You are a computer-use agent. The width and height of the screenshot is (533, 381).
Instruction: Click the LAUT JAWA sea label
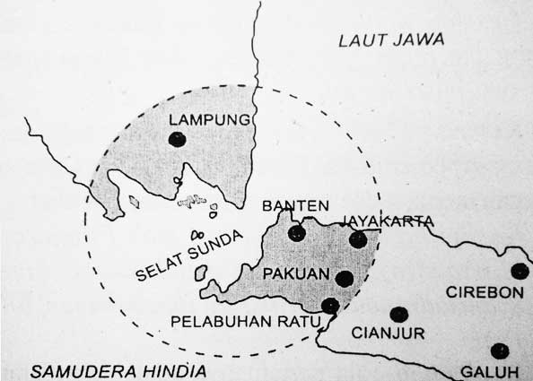coord(392,39)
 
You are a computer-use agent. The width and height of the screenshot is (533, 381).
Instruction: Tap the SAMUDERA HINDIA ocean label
coord(118,370)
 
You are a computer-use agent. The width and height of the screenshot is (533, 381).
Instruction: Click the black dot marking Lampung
coord(178,139)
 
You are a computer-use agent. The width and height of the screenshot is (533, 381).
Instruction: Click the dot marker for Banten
coord(297,234)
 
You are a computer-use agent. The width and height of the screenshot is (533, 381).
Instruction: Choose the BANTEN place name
coord(295,206)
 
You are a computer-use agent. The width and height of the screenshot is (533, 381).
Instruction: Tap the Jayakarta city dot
coord(358,239)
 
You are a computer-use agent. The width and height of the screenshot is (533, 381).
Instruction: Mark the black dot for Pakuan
coord(344,278)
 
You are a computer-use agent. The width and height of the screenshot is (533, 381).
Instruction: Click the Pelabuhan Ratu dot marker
coord(330,306)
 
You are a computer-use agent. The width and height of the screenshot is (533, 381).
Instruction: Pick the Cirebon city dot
coord(520,271)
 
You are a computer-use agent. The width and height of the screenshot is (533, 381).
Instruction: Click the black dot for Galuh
coord(500,351)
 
